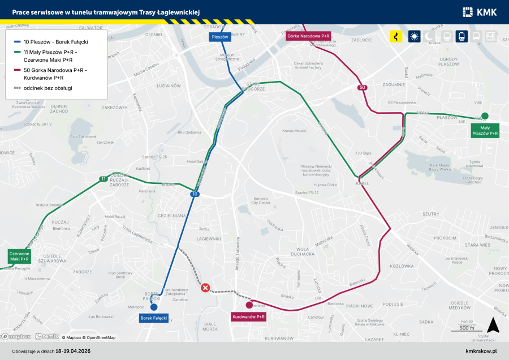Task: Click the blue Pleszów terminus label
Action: (219, 37)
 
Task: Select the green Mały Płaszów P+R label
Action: (485, 131)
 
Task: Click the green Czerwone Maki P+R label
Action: (19, 256)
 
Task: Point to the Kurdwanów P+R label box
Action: (249, 317)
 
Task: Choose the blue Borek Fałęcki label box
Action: (154, 318)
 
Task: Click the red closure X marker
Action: (206, 288)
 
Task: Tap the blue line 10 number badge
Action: (195, 194)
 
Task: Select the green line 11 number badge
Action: (103, 179)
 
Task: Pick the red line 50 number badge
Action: (362, 87)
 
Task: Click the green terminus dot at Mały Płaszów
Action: (485, 116)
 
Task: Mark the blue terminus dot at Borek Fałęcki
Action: (154, 307)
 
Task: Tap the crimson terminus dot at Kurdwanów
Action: (249, 305)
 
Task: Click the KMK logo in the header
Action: (479, 12)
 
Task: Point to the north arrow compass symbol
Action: (493, 325)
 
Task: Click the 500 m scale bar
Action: (467, 329)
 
